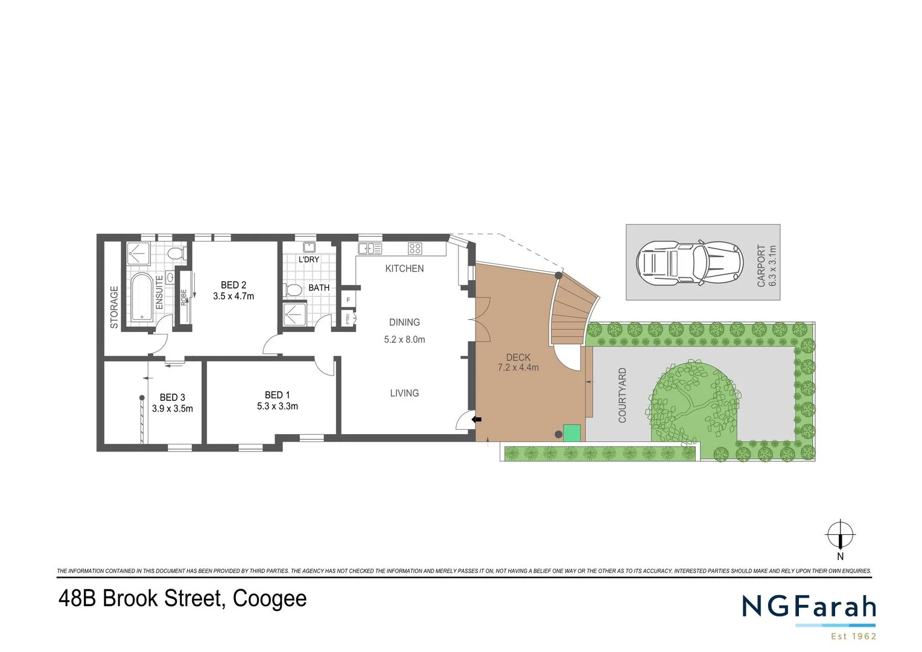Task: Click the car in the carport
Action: (688, 263)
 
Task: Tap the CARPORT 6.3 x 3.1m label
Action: (766, 266)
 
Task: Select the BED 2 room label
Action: (233, 285)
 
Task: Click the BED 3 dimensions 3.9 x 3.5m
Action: (173, 409)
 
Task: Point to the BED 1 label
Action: (277, 395)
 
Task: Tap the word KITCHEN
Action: (404, 269)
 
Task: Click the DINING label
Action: (404, 322)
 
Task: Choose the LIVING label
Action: (404, 393)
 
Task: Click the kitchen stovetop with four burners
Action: (415, 248)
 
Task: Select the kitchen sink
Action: (370, 248)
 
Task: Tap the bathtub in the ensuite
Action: (142, 296)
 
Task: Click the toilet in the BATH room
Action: (294, 290)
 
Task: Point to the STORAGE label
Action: (114, 307)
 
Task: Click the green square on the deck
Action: (572, 432)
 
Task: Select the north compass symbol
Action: (840, 535)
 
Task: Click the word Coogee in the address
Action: (270, 598)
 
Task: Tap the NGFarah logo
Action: (809, 607)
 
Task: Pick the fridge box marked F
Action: (348, 299)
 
